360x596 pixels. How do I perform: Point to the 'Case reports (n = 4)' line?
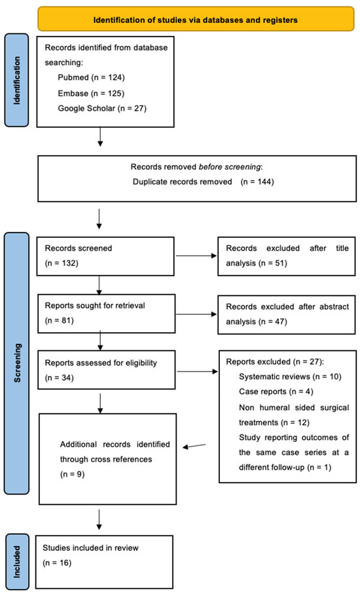coord(275,394)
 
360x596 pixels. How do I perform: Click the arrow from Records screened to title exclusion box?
coord(196,257)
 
